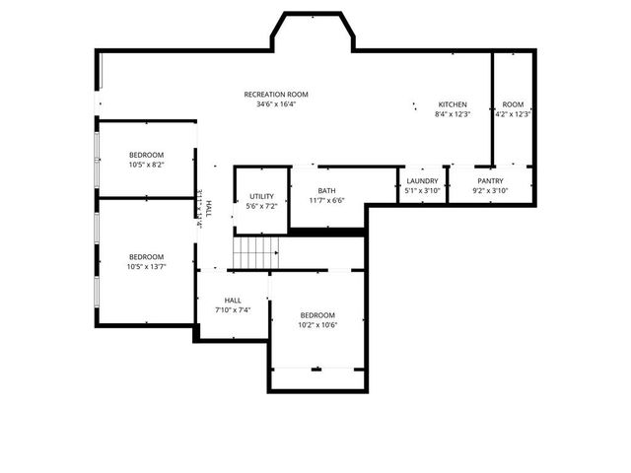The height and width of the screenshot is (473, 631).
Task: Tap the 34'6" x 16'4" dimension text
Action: (276, 104)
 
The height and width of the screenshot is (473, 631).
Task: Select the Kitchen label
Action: (453, 104)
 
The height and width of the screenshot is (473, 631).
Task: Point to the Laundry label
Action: (422, 181)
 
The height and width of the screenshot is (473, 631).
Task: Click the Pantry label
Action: (490, 181)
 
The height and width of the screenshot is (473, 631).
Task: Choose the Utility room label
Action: (261, 197)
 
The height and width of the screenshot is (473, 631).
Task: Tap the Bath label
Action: (326, 191)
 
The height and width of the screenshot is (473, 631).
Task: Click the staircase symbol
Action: (255, 252)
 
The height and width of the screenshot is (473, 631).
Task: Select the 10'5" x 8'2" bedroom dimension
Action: (146, 165)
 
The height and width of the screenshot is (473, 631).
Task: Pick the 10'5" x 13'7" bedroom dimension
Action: (146, 266)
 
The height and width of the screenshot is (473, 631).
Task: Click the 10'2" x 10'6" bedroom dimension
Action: (318, 325)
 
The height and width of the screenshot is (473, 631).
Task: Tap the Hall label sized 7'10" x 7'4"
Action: (233, 301)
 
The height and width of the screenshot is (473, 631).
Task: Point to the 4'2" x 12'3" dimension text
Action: (513, 114)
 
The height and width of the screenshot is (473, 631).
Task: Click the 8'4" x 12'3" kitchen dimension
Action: (453, 114)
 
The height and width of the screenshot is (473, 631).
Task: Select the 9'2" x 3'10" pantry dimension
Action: (490, 191)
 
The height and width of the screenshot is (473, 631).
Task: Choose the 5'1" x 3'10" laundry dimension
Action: (422, 191)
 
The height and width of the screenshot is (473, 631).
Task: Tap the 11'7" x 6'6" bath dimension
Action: (326, 201)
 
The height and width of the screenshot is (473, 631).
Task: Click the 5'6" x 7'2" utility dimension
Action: (261, 207)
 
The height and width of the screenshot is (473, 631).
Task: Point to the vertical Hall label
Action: (208, 207)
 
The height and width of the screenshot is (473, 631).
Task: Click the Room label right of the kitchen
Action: (513, 104)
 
